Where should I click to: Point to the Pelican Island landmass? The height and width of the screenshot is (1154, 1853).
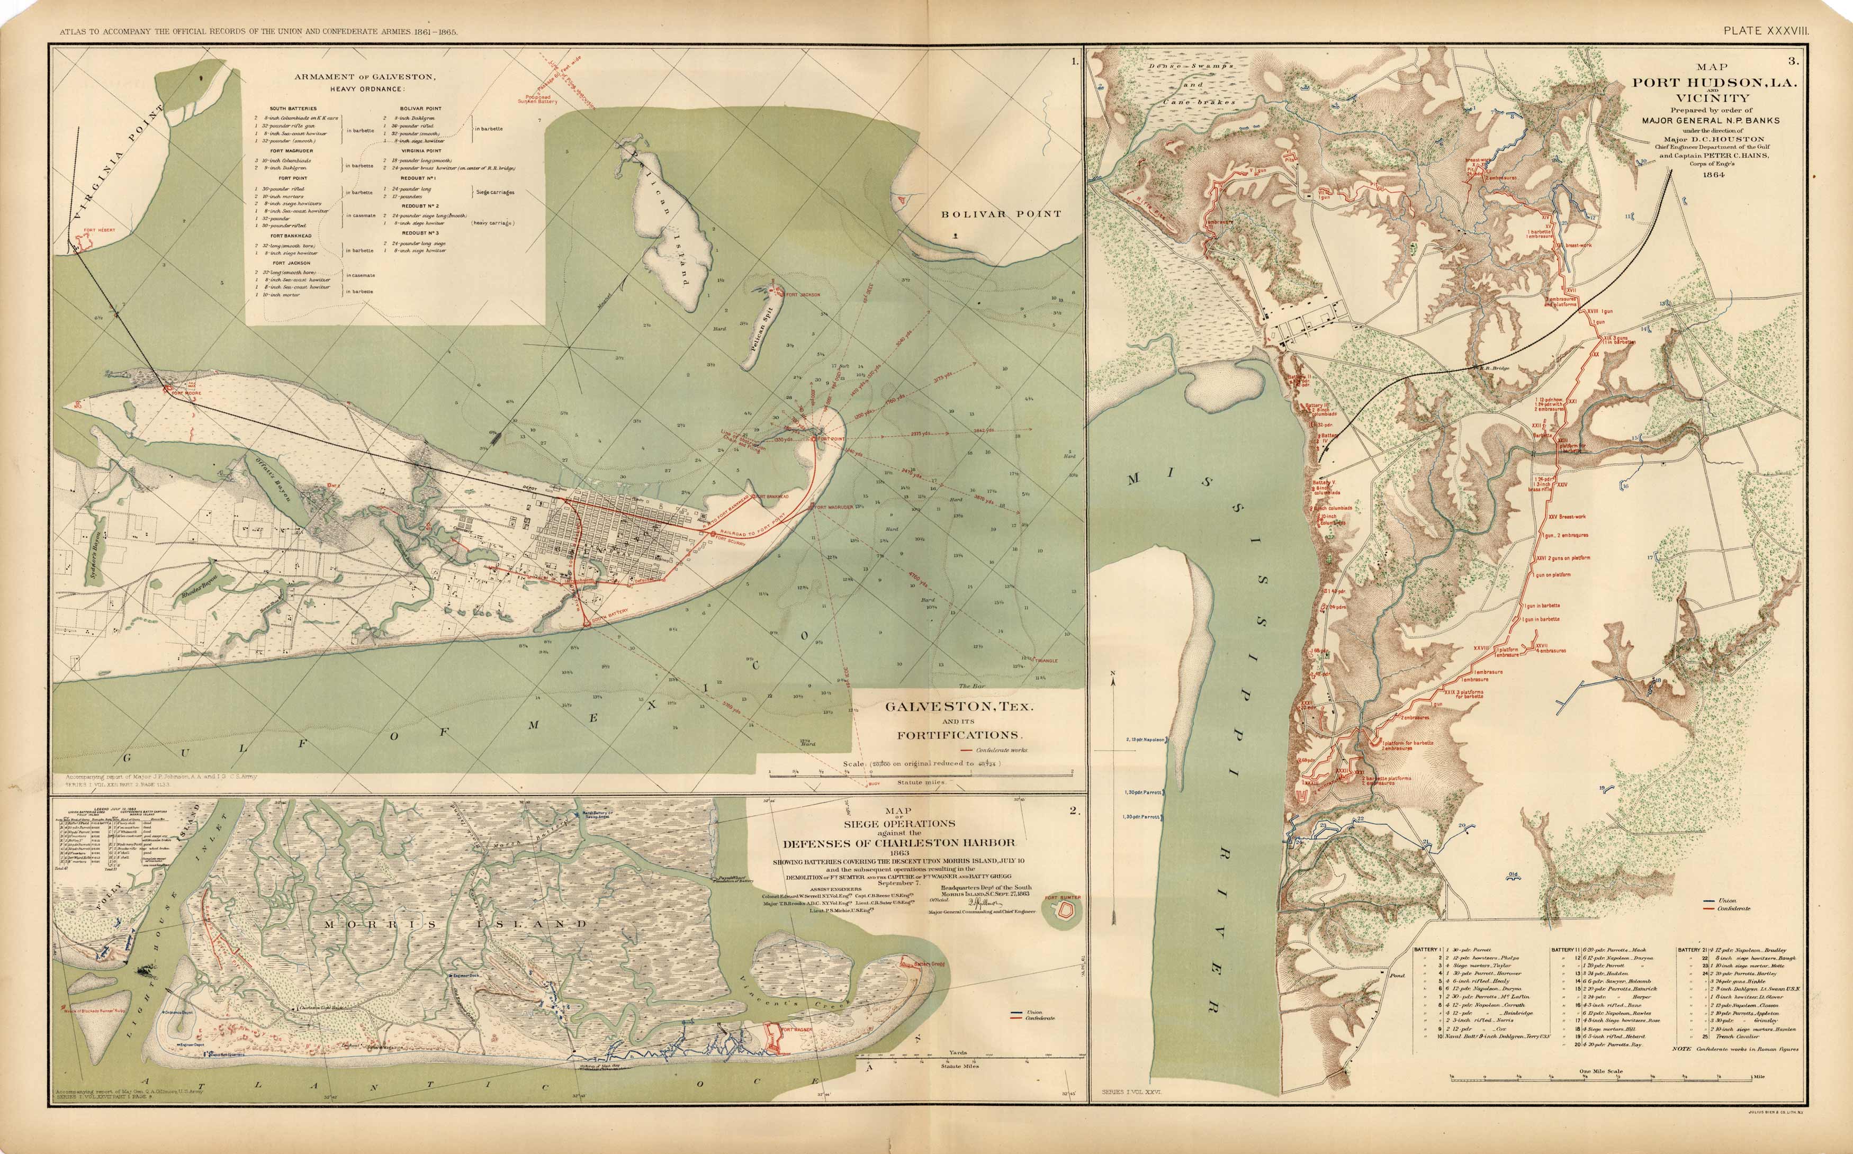672,244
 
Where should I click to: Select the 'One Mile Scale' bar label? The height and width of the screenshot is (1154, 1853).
1601,1071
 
